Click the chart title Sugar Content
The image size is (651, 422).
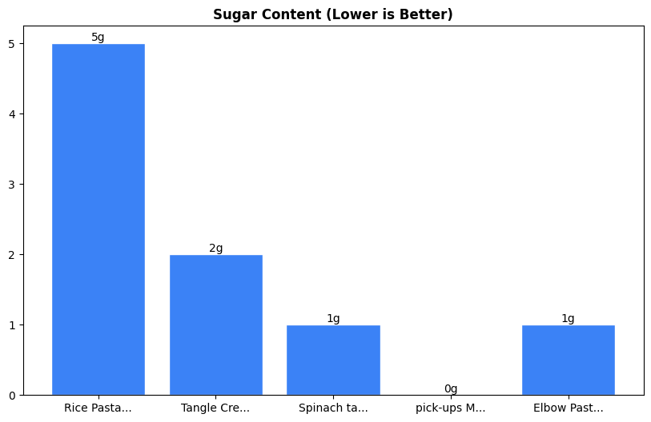tap(332, 14)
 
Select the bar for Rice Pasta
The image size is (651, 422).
tap(98, 219)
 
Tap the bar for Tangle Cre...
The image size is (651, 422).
tap(216, 324)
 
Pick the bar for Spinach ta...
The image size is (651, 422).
tap(333, 360)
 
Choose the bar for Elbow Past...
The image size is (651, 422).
tap(568, 360)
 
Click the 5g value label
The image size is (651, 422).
tap(98, 38)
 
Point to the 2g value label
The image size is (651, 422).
tap(216, 249)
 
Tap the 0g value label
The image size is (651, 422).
tap(451, 389)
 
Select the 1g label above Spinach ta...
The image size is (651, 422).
tap(333, 319)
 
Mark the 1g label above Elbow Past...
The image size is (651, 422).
tap(568, 319)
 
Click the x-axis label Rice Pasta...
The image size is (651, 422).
tap(98, 408)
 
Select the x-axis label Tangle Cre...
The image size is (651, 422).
tap(216, 408)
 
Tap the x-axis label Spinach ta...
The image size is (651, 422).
tap(333, 408)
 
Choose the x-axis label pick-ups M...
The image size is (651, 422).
tap(451, 408)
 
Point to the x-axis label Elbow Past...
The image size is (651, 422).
tap(568, 408)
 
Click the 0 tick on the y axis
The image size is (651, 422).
tap(12, 396)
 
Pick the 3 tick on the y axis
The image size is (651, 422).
tap(12, 185)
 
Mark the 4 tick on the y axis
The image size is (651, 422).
tap(12, 114)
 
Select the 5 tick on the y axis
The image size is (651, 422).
tap(12, 44)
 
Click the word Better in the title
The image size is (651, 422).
tap(428, 14)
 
